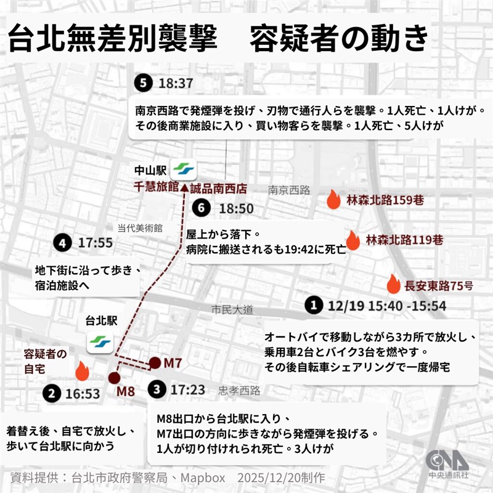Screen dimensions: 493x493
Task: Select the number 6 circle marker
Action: pos(198,208)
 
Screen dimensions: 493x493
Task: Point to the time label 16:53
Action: pos(81,393)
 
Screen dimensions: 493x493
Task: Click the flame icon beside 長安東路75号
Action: pos(393,284)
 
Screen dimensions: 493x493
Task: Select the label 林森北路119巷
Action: pos(404,239)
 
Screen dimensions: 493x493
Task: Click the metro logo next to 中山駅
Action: pos(182,168)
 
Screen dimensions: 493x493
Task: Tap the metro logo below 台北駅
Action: pos(99,343)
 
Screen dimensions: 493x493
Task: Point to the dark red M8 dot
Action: pos(113,378)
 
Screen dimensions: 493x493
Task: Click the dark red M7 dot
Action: pos(155,362)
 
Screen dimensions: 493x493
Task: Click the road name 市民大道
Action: pos(232,311)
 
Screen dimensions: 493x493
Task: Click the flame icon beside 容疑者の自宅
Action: pos(82,370)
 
